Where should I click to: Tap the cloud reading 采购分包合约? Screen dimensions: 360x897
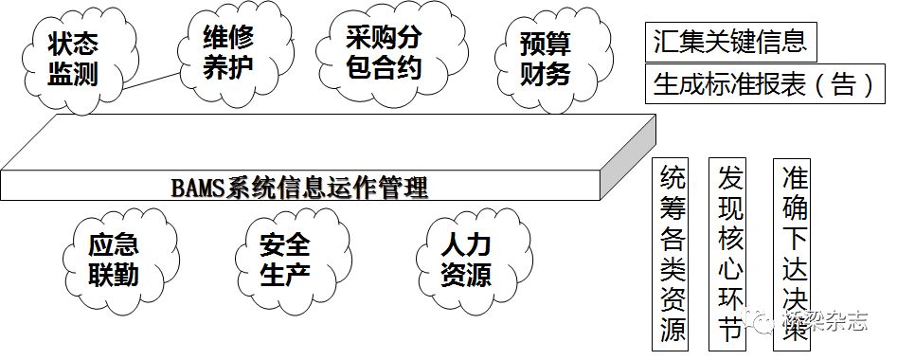pyautogui.click(x=384, y=53)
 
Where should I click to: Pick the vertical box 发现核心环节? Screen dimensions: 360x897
pyautogui.click(x=729, y=252)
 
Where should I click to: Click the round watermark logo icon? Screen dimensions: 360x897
pyautogui.click(x=762, y=322)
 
